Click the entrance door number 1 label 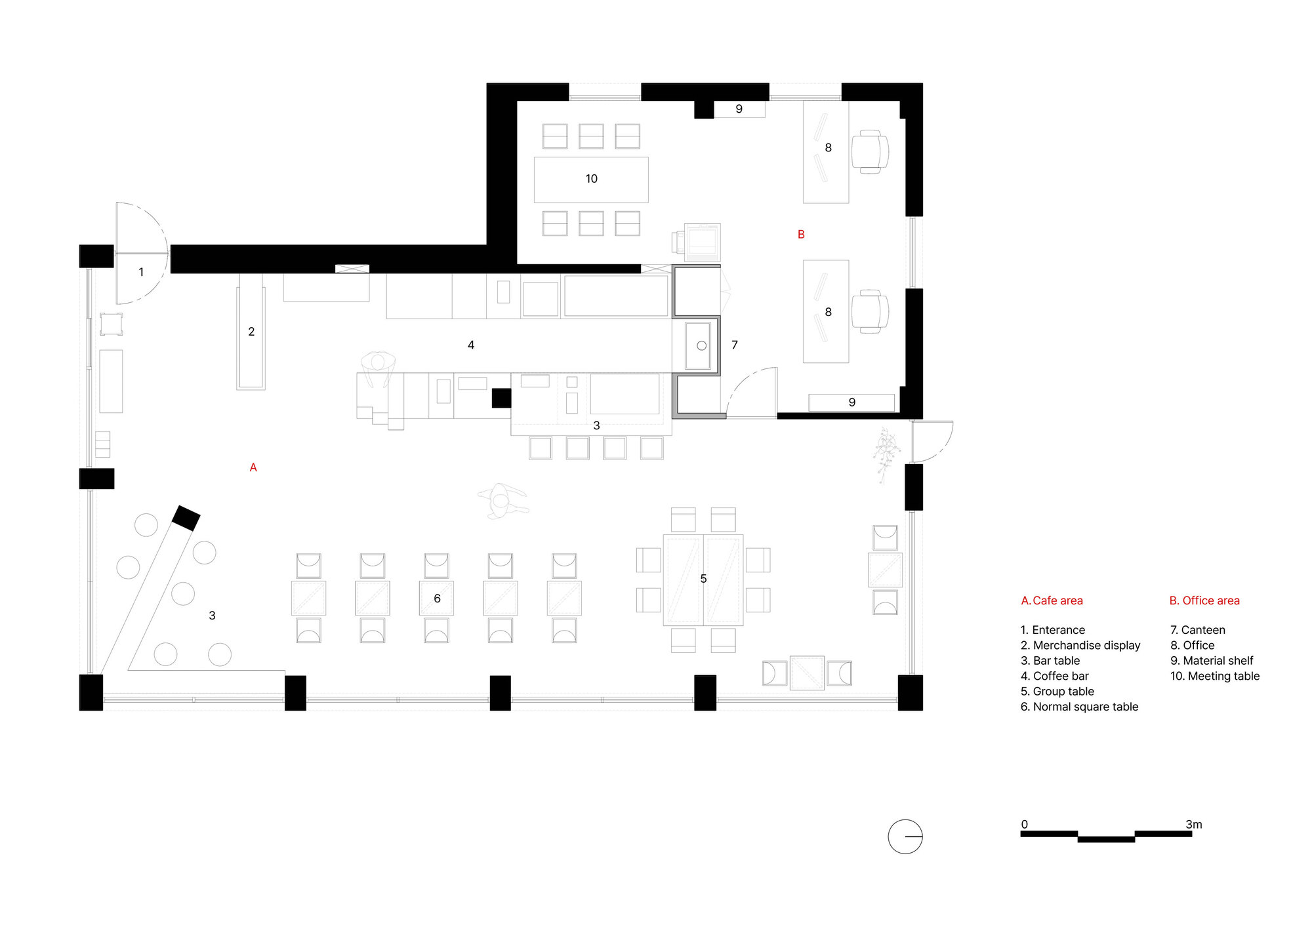tap(141, 272)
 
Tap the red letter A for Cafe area tap(253, 467)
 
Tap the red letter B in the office tap(801, 235)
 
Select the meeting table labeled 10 tap(591, 179)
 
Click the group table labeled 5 tap(703, 579)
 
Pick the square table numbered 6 tap(437, 598)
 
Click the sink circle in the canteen tap(701, 345)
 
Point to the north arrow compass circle tap(905, 836)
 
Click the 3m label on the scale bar tap(1194, 825)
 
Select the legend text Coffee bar tap(1061, 676)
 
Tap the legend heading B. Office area tap(1204, 600)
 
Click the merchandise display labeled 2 tap(251, 332)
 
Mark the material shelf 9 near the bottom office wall tap(851, 402)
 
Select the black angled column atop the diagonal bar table tap(186, 518)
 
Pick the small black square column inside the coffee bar tap(501, 398)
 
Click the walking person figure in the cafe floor tap(502, 501)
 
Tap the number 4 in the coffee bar tap(471, 345)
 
